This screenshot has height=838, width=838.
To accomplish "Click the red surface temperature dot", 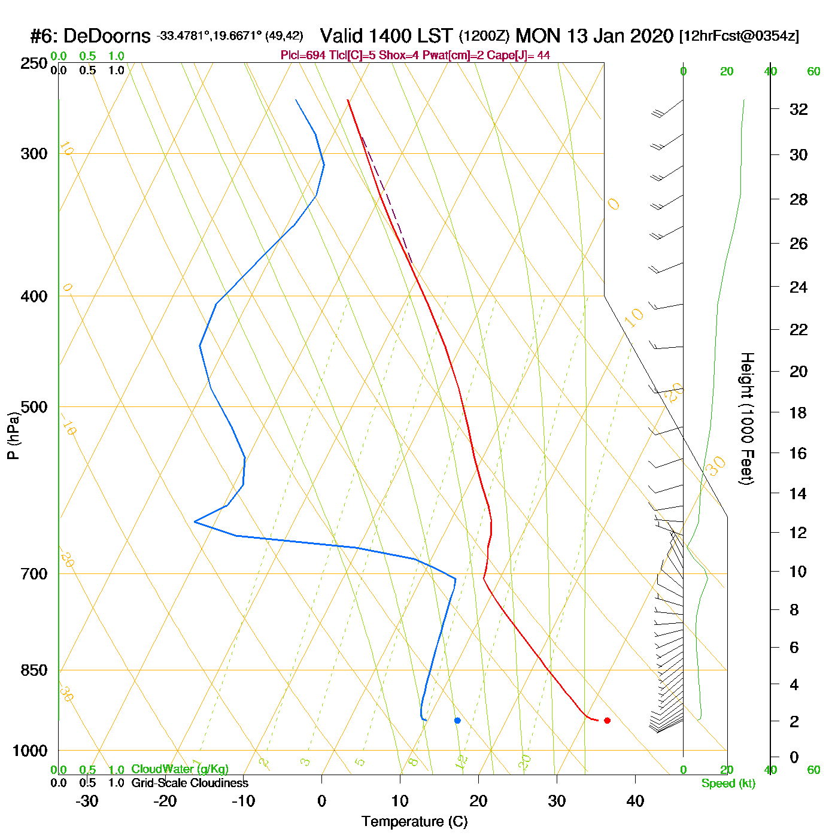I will tap(607, 720).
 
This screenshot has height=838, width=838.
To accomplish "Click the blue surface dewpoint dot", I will tap(457, 720).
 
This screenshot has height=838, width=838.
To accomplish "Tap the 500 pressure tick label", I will tap(34, 407).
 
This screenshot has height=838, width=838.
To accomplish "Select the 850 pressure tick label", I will tap(34, 670).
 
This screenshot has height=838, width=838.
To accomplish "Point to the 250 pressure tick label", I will tap(34, 63).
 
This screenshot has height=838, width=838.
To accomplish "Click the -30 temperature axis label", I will tap(87, 801).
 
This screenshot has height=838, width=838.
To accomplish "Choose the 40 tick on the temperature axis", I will tap(635, 801).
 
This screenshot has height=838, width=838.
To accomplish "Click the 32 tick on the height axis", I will tap(798, 110).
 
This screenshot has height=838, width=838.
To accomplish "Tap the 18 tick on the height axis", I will tap(798, 412).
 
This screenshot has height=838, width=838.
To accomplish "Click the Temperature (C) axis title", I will tap(414, 822).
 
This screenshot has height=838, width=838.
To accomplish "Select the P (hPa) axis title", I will tap(13, 435).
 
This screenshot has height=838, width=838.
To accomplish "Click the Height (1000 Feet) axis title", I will tap(746, 418).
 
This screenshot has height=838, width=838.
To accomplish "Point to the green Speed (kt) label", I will tap(728, 784).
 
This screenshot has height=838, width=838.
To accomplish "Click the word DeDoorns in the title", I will tap(107, 37).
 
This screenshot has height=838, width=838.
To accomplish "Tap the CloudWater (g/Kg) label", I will tap(180, 769).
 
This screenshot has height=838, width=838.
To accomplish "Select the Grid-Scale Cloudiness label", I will tap(190, 783).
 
